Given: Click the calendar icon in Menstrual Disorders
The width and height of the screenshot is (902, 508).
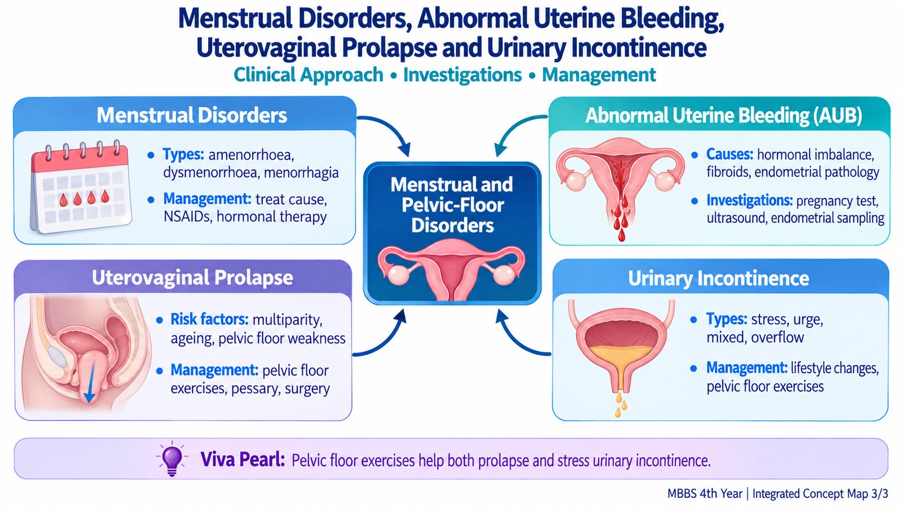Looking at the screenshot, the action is coord(81,187).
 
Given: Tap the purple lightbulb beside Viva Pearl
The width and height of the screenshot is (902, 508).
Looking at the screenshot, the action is coord(172,459).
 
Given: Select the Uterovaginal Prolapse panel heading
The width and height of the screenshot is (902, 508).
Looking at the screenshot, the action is coord(192,278).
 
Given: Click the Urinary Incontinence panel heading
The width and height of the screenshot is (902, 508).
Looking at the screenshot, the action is coord(718,279).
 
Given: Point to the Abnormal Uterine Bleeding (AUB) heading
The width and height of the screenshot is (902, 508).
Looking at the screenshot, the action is coord(724,115).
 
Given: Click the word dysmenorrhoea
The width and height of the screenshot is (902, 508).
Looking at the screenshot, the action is coord(211,173).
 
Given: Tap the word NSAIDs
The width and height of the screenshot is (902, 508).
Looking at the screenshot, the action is coord(187,217).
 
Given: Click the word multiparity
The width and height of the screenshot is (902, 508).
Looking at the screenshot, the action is coord(288,319).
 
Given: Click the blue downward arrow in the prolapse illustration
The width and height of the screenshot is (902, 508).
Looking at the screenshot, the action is coord(90,382).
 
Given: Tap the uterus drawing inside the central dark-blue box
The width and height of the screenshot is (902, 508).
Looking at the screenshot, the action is coord(452,269).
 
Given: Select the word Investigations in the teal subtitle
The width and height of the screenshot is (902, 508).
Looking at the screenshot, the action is coord(462,75).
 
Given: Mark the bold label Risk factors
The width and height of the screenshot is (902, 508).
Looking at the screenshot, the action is coord(209,319).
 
